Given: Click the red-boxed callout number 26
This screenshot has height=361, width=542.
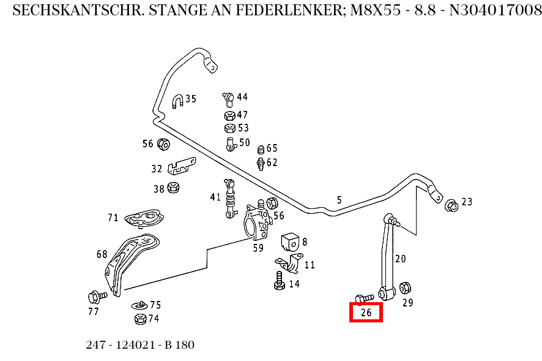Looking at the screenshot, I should pyautogui.click(x=366, y=313).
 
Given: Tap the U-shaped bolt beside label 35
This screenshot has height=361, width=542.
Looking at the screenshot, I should pyautogui.click(x=177, y=101).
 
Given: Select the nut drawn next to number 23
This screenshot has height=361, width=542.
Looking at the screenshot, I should pyautogui.click(x=451, y=205).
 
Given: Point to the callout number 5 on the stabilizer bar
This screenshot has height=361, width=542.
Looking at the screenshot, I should pyautogui.click(x=339, y=200).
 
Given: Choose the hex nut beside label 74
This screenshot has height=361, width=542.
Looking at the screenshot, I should pyautogui.click(x=139, y=319).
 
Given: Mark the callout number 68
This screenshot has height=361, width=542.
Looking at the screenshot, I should pyautogui.click(x=102, y=254).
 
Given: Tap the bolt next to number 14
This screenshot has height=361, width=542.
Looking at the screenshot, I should pyautogui.click(x=279, y=281).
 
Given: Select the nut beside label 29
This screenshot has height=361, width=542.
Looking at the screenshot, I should pyautogui.click(x=404, y=287).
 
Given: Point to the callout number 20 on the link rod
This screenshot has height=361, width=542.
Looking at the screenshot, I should pyautogui.click(x=400, y=259).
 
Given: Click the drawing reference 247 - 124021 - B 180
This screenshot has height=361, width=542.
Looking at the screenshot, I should pyautogui.click(x=140, y=345).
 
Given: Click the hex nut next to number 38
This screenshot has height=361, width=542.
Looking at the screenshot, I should pyautogui.click(x=173, y=188).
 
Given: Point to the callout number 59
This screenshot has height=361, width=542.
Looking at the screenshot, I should pyautogui.click(x=258, y=248).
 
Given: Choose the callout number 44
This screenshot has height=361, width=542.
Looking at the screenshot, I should pyautogui.click(x=242, y=97).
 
